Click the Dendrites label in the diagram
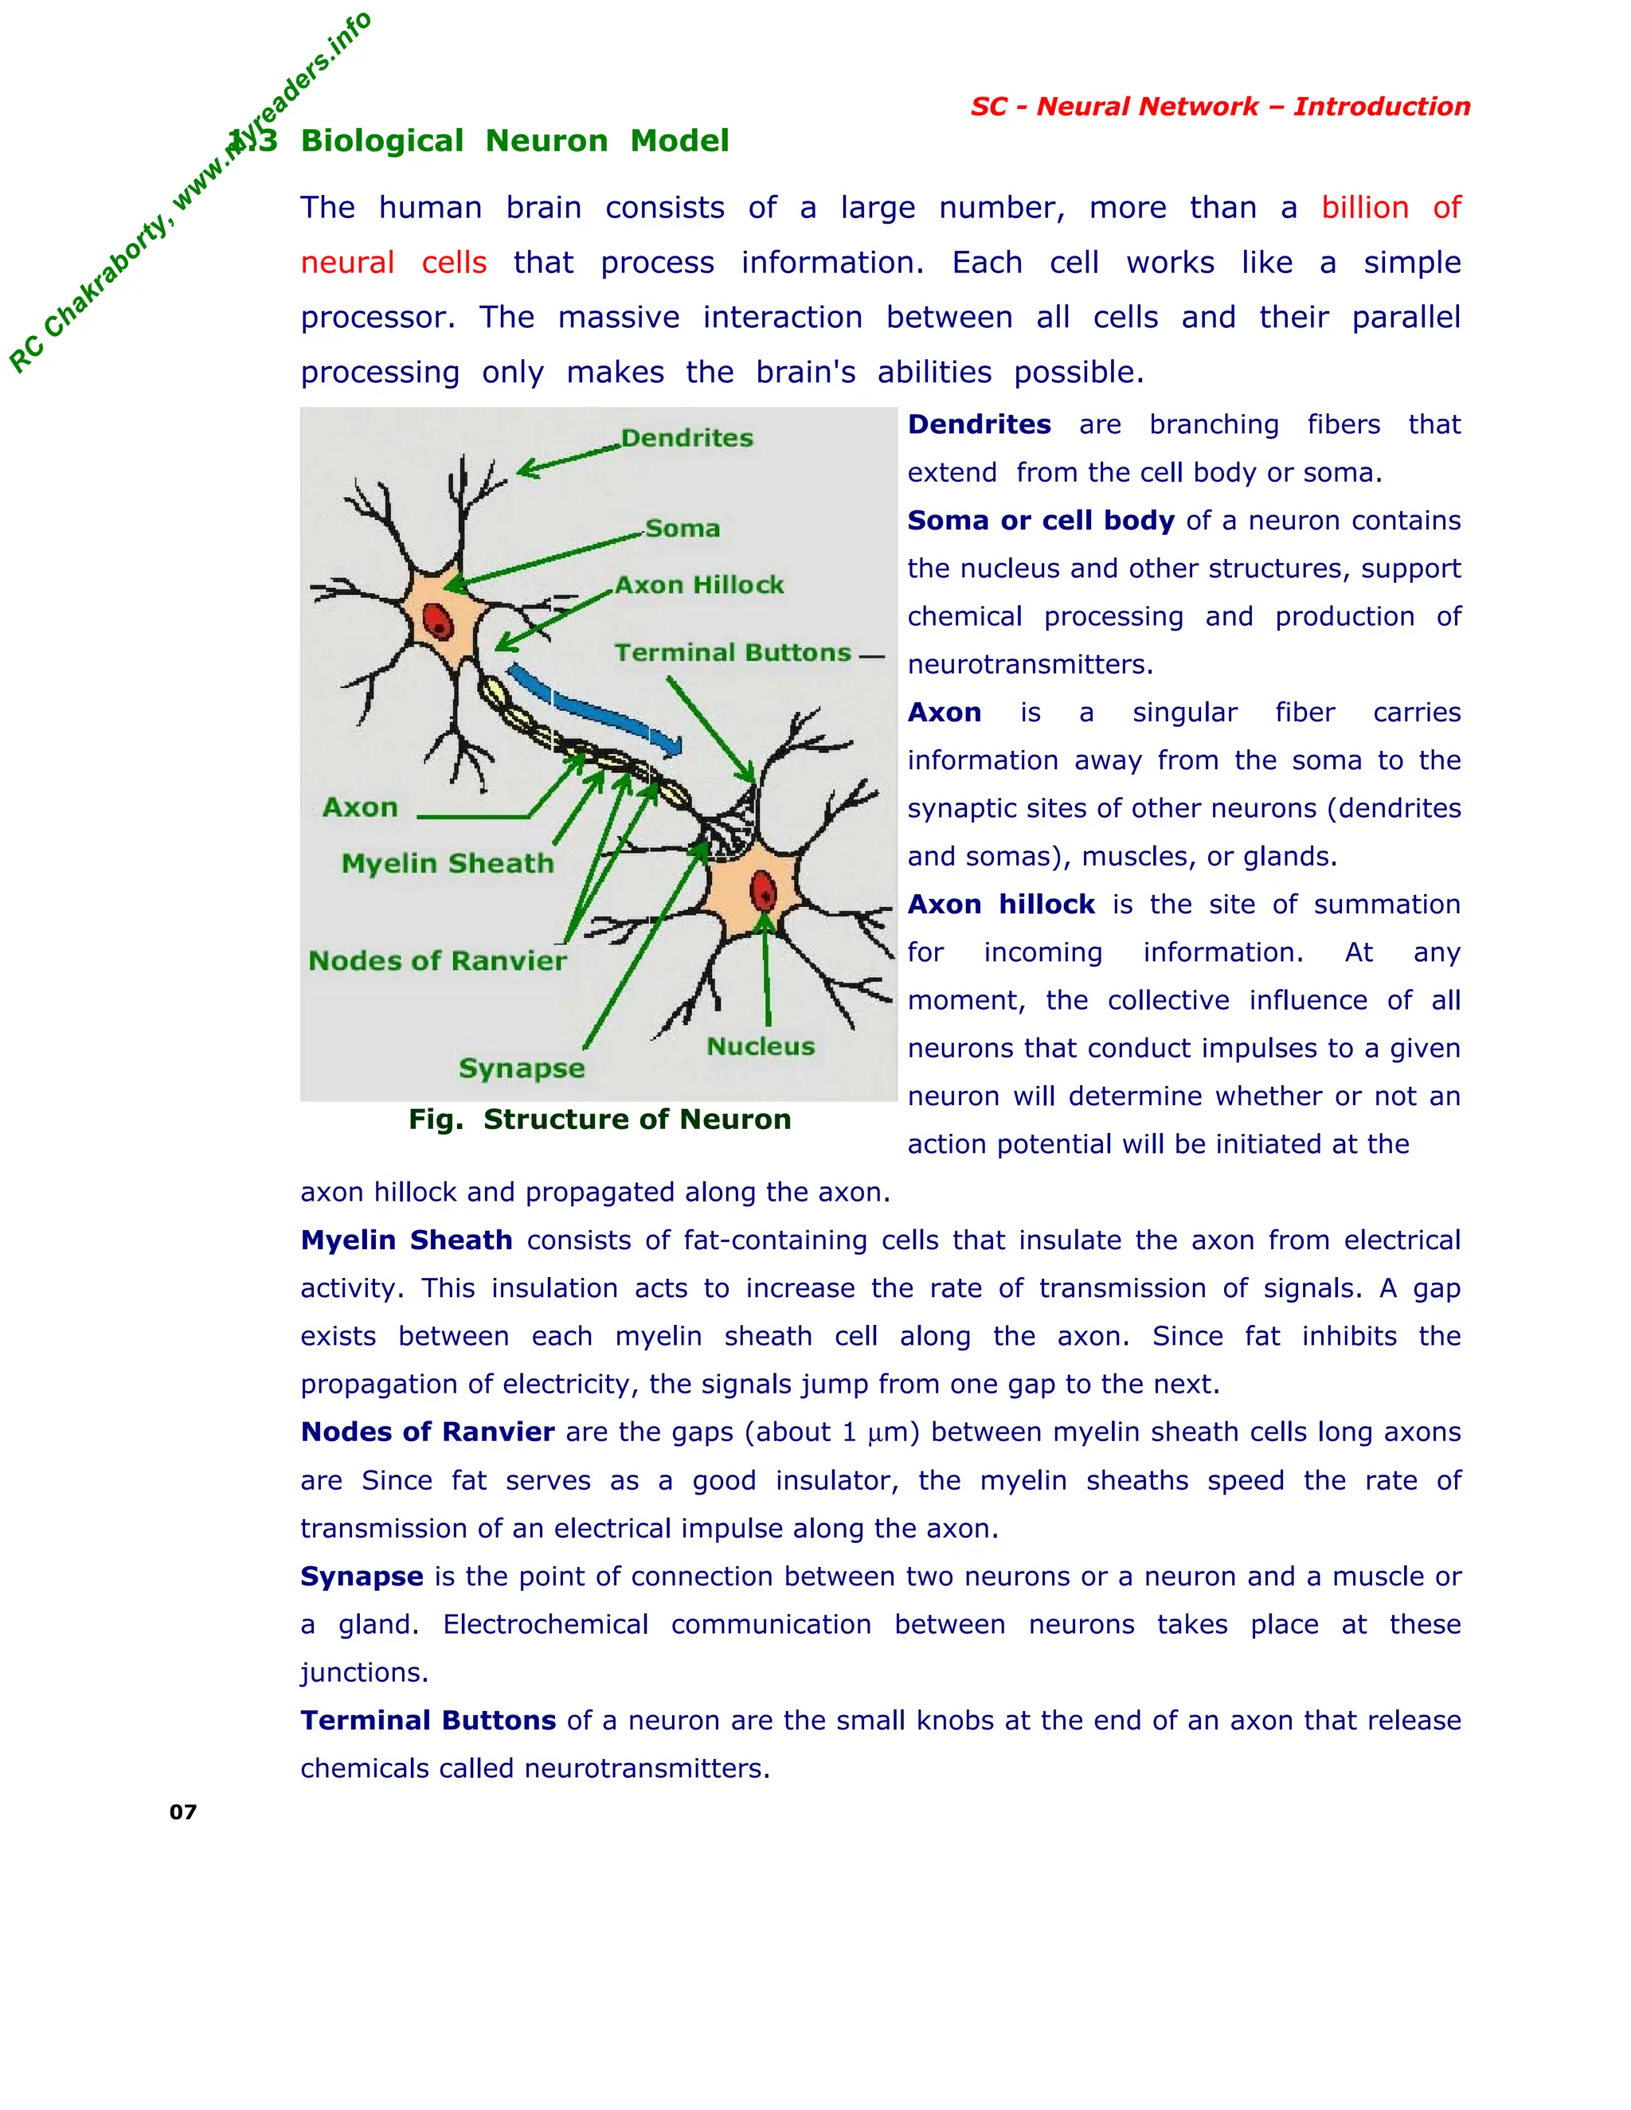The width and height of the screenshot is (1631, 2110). point(687,439)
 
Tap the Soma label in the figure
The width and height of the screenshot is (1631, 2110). point(683,529)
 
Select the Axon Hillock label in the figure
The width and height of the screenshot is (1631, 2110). point(699,585)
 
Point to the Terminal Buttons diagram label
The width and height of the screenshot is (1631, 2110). point(733,653)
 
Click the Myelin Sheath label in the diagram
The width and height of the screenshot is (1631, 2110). point(448,864)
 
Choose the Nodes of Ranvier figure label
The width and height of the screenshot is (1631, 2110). point(436,961)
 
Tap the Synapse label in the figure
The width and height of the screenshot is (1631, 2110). point(522,1069)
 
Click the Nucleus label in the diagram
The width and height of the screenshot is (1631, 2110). point(761,1046)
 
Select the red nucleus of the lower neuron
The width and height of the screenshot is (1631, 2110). point(763,891)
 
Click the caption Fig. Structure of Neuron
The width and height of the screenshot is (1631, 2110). point(599,1119)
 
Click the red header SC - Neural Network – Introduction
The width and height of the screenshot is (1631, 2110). point(1220,106)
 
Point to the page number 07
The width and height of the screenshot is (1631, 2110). point(182,1812)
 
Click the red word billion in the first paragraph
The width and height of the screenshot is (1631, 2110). point(1364,208)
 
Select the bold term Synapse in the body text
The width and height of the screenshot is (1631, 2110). point(362,1577)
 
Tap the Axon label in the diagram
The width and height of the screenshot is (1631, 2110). point(359,807)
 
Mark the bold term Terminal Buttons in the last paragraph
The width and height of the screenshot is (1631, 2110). point(428,1721)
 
